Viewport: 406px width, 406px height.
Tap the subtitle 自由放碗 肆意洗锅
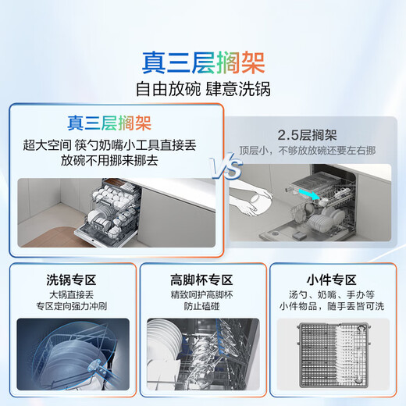203,89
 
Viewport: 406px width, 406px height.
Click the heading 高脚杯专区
203,279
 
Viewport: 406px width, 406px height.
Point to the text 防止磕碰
203,308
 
